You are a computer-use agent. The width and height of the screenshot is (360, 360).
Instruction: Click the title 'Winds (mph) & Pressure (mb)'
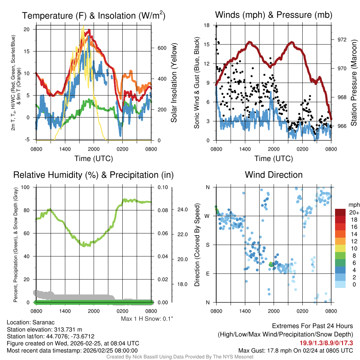point(274,15)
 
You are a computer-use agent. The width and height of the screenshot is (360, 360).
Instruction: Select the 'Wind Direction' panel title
point(274,175)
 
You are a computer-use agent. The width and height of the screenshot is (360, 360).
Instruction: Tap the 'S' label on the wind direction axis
point(208,245)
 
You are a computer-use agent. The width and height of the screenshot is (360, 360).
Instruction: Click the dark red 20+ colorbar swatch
point(341,212)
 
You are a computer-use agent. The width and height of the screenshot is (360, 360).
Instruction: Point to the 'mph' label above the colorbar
point(353,205)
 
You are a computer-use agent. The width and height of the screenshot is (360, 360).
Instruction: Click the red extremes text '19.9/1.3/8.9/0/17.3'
point(326,343)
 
